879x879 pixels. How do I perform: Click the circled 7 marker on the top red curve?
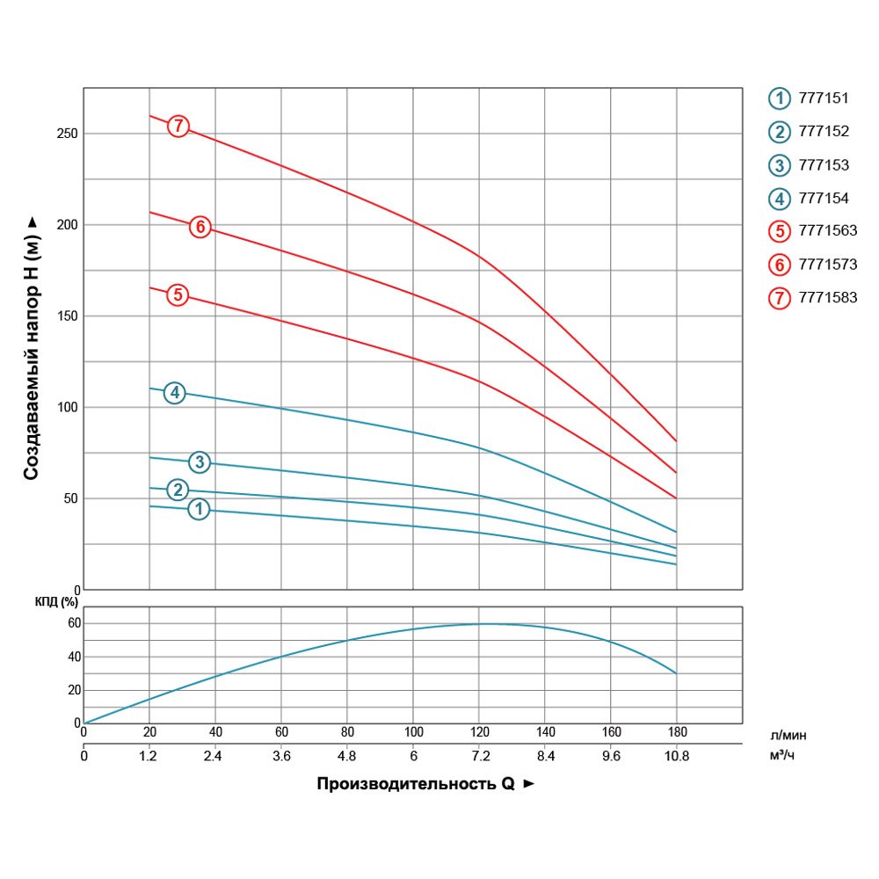click(178, 126)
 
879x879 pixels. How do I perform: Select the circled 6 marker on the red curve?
click(200, 227)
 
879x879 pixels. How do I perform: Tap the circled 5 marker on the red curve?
click(178, 294)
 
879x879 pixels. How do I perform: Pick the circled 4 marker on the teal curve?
click(175, 393)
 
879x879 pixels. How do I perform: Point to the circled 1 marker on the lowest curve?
click(199, 509)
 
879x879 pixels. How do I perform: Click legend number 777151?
click(823, 98)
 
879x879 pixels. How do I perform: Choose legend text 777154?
click(823, 199)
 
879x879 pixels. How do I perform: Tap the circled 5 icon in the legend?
click(779, 232)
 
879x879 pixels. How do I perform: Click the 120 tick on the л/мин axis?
click(479, 732)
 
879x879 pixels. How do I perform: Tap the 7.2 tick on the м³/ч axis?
click(479, 755)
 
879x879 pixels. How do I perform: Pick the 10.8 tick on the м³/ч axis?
click(677, 755)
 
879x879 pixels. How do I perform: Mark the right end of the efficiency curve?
click(676, 673)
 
